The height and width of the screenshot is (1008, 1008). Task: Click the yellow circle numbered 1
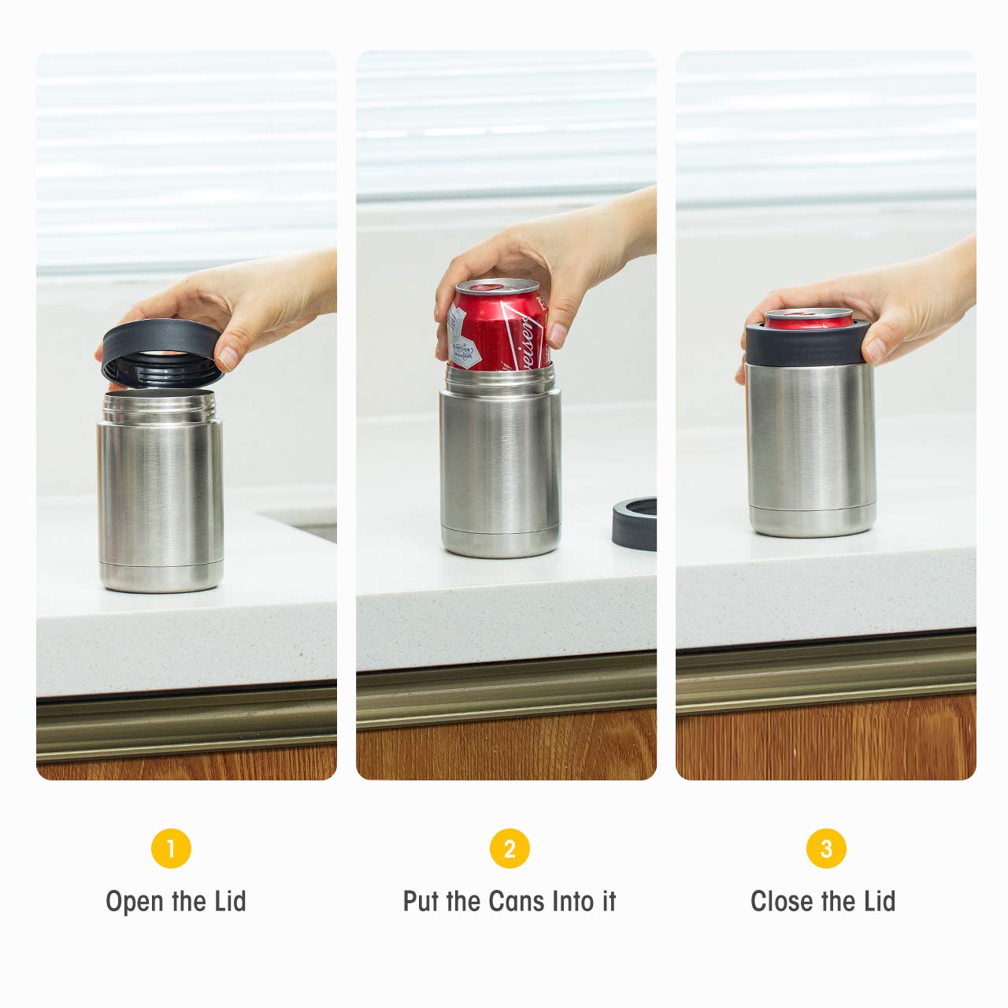(171, 849)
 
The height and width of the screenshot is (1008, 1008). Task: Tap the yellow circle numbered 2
(510, 849)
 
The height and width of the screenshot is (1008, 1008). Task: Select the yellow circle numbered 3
(826, 849)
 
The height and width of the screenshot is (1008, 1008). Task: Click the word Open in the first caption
(135, 902)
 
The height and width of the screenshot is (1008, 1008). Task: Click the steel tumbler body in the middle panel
(500, 465)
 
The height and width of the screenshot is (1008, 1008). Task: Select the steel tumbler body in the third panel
(811, 441)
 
